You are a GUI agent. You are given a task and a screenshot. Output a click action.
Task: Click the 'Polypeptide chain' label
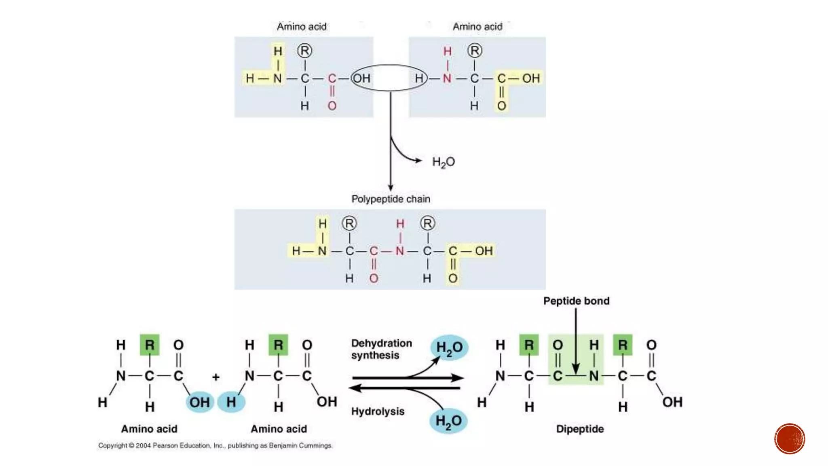(x=391, y=199)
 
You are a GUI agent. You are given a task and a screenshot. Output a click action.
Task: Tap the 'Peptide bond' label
(x=576, y=301)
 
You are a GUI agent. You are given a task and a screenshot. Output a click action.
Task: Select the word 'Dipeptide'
(x=580, y=429)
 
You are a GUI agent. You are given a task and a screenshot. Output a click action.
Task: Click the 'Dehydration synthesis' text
(x=381, y=349)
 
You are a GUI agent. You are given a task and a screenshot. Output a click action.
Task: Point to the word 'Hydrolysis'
(x=378, y=411)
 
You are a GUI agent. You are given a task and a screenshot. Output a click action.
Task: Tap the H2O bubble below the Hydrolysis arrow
(x=448, y=421)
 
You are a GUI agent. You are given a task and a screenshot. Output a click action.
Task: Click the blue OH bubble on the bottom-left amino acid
(x=200, y=402)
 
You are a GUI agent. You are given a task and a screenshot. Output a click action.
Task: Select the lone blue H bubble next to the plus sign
(x=231, y=402)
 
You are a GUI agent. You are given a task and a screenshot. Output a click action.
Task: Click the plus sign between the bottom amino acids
(x=216, y=377)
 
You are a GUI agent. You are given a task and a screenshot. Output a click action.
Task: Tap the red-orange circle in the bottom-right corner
(x=790, y=439)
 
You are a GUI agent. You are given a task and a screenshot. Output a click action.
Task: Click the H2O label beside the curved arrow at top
(x=444, y=162)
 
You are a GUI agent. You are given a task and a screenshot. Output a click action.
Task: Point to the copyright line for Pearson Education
(x=215, y=445)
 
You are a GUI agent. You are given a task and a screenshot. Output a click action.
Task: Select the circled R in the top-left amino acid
(x=305, y=51)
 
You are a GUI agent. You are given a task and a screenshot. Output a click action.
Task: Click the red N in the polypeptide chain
(x=400, y=251)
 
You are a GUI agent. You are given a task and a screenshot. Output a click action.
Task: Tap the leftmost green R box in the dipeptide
(x=529, y=345)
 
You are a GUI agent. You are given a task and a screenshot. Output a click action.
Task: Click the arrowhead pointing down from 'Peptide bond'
(x=576, y=370)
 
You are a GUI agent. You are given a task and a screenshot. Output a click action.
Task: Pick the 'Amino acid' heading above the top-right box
(x=477, y=27)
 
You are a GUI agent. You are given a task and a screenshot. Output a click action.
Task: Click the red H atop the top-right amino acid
(x=447, y=51)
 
